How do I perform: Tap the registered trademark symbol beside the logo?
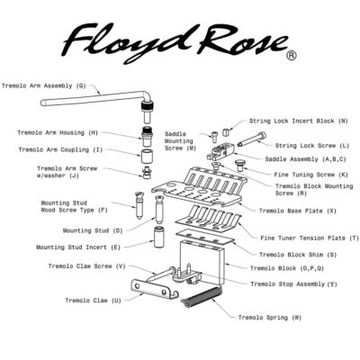pos(291,55)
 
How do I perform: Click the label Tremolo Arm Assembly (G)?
pos(44,86)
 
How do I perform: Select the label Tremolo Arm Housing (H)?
pos(58,132)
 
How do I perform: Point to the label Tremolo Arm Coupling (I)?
pos(60,149)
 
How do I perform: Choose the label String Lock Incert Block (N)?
pos(301,120)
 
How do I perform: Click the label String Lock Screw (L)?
pos(312,145)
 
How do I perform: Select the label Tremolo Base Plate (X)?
pos(298,211)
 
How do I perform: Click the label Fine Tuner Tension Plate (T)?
pos(303,238)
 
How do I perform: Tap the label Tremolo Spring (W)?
pos(270,319)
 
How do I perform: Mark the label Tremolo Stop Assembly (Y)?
pos(292,283)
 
